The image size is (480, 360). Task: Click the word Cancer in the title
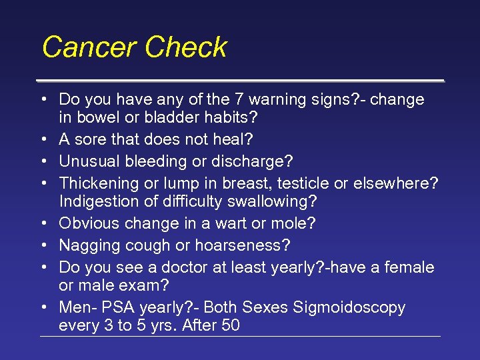pyautogui.click(x=89, y=47)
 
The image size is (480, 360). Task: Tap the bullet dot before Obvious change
pyautogui.click(x=43, y=223)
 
